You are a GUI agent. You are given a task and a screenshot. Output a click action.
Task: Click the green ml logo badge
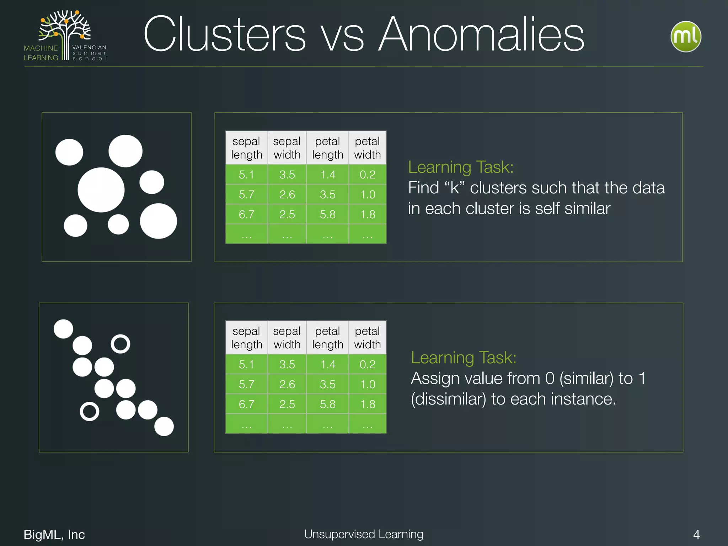pyautogui.click(x=686, y=37)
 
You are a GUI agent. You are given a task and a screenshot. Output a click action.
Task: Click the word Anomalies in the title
pyautogui.click(x=481, y=35)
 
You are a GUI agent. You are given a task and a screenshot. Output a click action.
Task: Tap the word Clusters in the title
pyautogui.click(x=224, y=35)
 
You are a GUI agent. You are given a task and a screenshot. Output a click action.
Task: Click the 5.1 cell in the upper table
pyautogui.click(x=246, y=175)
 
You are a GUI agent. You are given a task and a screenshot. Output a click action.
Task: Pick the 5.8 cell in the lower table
pyautogui.click(x=327, y=404)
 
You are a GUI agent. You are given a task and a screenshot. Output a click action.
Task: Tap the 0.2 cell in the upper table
pyautogui.click(x=367, y=175)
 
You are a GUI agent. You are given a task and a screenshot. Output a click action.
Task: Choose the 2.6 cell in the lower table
pyautogui.click(x=287, y=384)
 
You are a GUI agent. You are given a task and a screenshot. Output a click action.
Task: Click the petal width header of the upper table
pyautogui.click(x=367, y=148)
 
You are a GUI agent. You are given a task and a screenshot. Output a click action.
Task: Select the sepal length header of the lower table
pyautogui.click(x=246, y=338)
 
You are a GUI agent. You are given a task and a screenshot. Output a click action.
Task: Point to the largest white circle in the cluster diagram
pyautogui.click(x=101, y=190)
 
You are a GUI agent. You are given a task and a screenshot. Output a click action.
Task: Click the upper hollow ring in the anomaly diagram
pyautogui.click(x=121, y=344)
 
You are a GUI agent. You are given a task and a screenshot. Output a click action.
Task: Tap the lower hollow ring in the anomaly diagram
pyautogui.click(x=89, y=412)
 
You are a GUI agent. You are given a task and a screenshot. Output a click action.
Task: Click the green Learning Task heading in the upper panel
pyautogui.click(x=461, y=167)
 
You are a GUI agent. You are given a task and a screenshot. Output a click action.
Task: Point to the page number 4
pyautogui.click(x=696, y=534)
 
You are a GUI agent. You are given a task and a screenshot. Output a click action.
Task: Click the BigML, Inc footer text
pyautogui.click(x=54, y=534)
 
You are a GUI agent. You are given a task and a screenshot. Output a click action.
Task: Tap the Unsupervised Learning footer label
pyautogui.click(x=364, y=534)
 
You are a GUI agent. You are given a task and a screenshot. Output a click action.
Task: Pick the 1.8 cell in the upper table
pyautogui.click(x=367, y=214)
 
